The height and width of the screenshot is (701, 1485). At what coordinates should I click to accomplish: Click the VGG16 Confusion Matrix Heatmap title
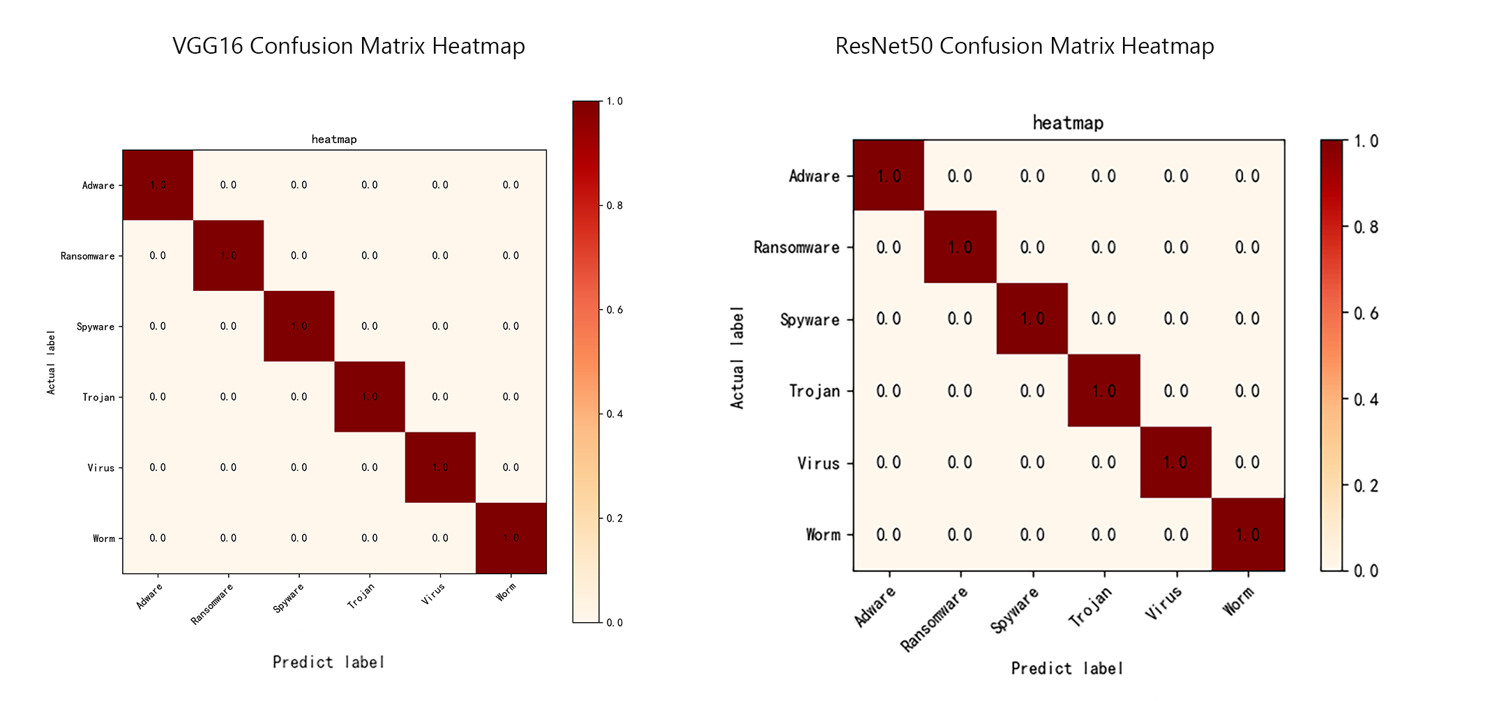point(348,46)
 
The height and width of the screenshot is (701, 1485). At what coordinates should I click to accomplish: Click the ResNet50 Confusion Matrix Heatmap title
point(1024,46)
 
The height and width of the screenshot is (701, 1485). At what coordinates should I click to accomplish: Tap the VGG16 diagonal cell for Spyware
point(299,326)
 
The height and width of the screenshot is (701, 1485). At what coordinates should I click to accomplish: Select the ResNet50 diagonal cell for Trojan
point(1103,391)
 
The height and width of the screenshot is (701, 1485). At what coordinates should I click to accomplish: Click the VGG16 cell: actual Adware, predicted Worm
point(511,185)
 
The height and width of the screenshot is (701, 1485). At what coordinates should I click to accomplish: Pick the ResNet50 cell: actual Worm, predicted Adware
point(889,535)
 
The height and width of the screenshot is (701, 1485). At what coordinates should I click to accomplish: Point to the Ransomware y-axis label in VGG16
point(87,256)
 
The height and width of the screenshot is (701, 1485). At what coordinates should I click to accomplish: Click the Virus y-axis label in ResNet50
point(818,463)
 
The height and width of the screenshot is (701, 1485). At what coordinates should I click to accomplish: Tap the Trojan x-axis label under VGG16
point(361,596)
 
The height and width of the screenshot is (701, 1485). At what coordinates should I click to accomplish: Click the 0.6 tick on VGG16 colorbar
point(614,310)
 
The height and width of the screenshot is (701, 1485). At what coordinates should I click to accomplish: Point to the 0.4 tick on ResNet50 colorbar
point(1366,400)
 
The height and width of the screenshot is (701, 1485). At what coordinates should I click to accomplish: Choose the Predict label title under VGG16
point(328,662)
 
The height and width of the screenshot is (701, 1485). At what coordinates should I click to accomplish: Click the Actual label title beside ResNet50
point(737,357)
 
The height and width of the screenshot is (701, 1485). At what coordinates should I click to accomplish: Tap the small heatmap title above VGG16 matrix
point(333,140)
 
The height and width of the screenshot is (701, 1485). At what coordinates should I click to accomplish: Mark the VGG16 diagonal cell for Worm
point(511,538)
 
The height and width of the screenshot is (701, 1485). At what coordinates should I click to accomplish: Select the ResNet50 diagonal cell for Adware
point(889,176)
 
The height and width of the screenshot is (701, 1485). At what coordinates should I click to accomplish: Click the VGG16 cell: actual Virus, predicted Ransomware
point(228,467)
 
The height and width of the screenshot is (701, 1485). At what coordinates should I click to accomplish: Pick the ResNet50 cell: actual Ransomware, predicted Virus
point(1175,247)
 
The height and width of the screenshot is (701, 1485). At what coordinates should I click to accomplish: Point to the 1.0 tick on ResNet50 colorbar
point(1366,142)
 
